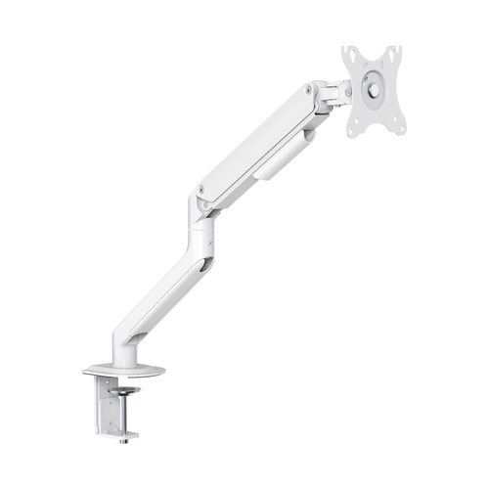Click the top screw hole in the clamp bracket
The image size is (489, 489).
tap(105, 388)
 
